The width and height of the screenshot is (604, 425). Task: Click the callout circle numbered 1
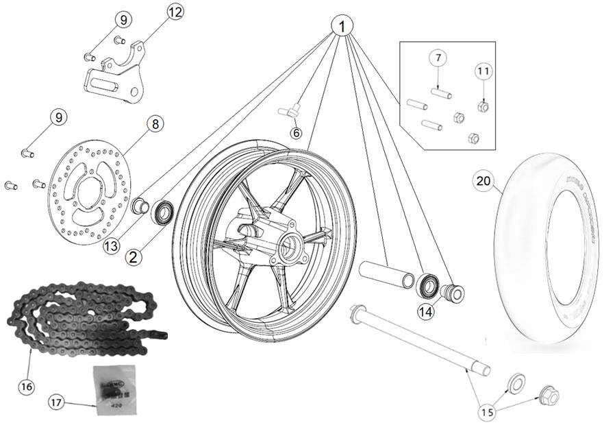click(342, 26)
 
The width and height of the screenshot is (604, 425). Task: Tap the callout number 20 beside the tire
click(484, 181)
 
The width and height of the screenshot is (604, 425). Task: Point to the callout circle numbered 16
click(26, 386)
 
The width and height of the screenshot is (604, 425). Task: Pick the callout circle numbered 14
click(427, 311)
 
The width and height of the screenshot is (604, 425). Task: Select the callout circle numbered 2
click(134, 257)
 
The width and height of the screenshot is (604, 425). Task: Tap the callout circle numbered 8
click(155, 124)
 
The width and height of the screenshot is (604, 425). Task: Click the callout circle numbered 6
click(296, 133)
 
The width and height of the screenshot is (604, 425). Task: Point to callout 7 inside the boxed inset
click(438, 58)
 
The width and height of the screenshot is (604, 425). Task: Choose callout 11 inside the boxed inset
click(483, 71)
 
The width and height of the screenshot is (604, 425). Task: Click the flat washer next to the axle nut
click(516, 380)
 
